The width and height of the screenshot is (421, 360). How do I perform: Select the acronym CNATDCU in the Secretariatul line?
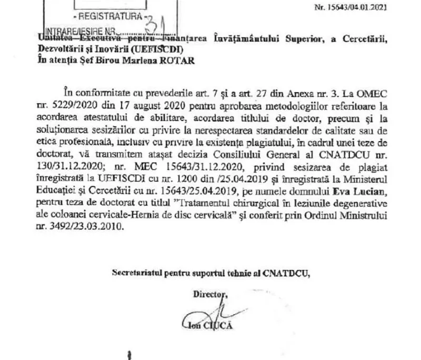(288, 272)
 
